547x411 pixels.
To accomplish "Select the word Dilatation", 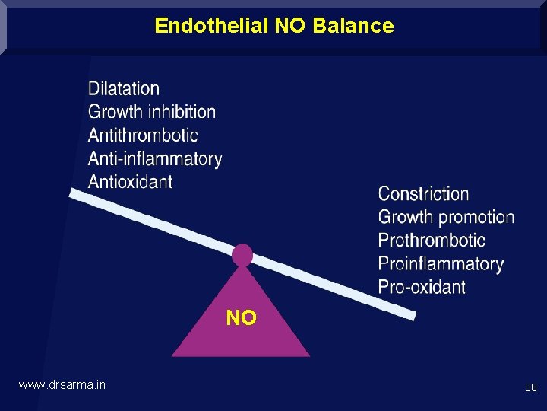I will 124,89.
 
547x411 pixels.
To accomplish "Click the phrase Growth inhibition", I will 152,112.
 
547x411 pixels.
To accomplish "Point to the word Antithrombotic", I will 143,135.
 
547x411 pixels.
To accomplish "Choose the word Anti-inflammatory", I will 155,158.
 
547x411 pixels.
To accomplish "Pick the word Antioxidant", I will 130,181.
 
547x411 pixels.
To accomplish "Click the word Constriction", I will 423,193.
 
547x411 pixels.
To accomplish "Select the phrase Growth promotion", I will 446,217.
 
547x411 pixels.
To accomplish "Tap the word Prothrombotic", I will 432,241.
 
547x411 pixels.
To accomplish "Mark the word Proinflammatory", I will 441,264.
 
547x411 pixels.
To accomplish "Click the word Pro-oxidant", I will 422,287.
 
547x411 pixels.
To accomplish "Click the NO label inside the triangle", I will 241,318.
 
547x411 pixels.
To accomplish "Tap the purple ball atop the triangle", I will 242,254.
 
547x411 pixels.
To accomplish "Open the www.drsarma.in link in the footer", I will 62,385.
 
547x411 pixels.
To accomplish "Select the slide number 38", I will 530,387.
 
